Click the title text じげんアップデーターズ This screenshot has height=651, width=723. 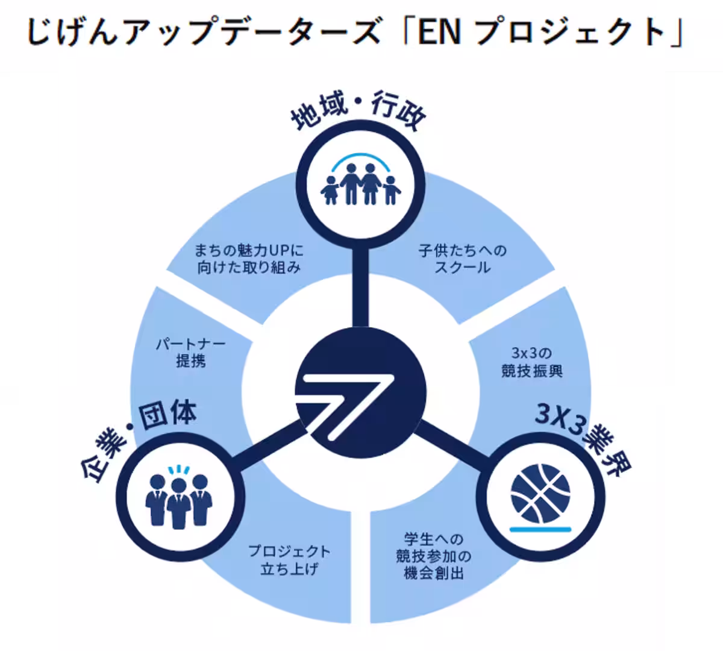click(204, 33)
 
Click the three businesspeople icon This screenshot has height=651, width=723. click(179, 498)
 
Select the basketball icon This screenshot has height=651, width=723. click(540, 494)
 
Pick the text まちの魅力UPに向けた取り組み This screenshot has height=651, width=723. click(249, 259)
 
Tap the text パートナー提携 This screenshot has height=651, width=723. click(190, 353)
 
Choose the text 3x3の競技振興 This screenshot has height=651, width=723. click(532, 362)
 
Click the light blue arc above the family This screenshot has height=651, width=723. click(360, 155)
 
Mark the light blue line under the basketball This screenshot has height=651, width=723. click(540, 529)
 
